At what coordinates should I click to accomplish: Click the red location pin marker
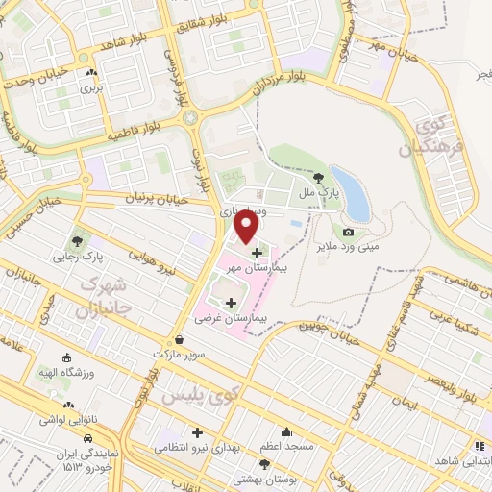[x=247, y=227]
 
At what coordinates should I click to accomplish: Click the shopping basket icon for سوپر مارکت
[x=180, y=340]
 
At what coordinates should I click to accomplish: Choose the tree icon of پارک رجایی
[x=77, y=240]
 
